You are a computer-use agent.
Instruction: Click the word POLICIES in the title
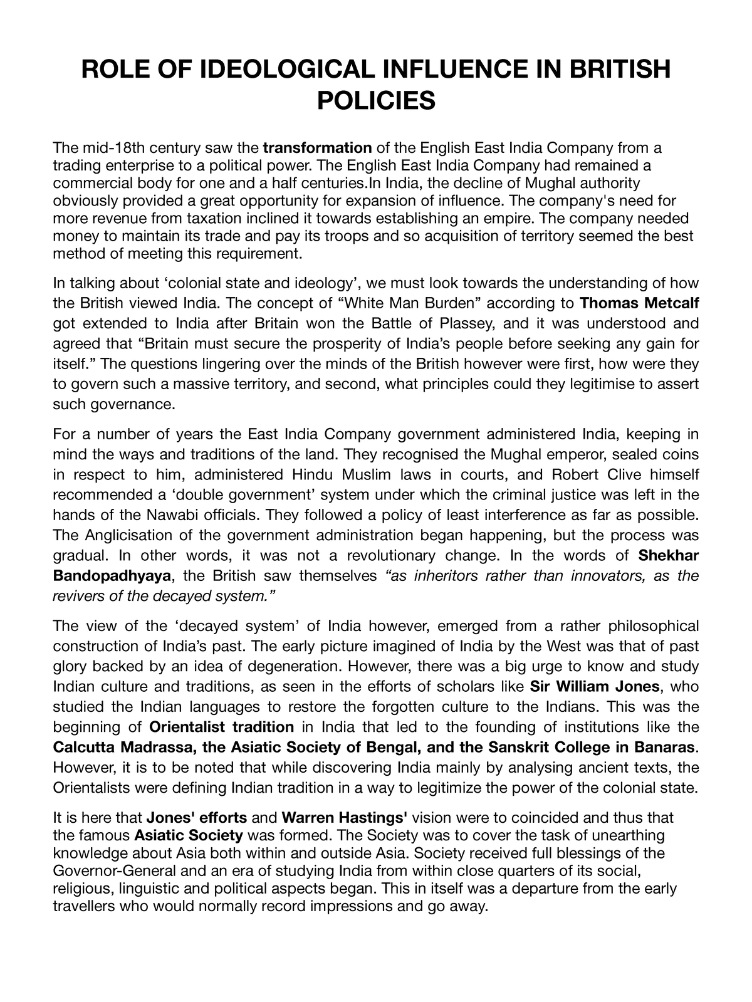(375, 100)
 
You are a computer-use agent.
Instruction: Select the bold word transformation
(318, 149)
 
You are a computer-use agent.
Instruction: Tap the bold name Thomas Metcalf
(639, 304)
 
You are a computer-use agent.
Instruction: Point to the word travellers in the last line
(84, 906)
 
